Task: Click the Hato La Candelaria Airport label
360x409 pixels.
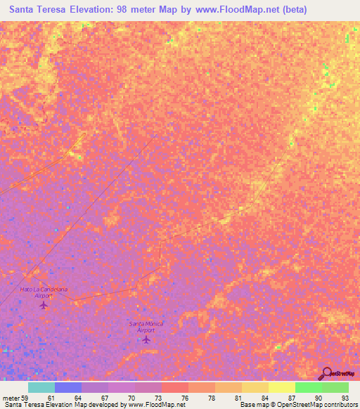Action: click(x=44, y=292)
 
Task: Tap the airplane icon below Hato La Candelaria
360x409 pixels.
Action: click(x=44, y=305)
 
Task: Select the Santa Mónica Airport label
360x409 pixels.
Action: click(x=146, y=327)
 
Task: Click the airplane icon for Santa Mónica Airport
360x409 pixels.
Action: click(x=146, y=340)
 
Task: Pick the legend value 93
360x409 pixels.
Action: click(x=335, y=397)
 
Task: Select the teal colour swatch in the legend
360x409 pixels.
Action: click(x=41, y=387)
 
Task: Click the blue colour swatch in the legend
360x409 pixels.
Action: click(x=68, y=387)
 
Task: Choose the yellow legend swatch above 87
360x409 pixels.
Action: click(x=281, y=387)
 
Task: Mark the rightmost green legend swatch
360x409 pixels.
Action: click(x=335, y=387)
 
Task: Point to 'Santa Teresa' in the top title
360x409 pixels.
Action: click(x=35, y=11)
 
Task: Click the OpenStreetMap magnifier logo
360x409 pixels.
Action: click(x=326, y=374)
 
